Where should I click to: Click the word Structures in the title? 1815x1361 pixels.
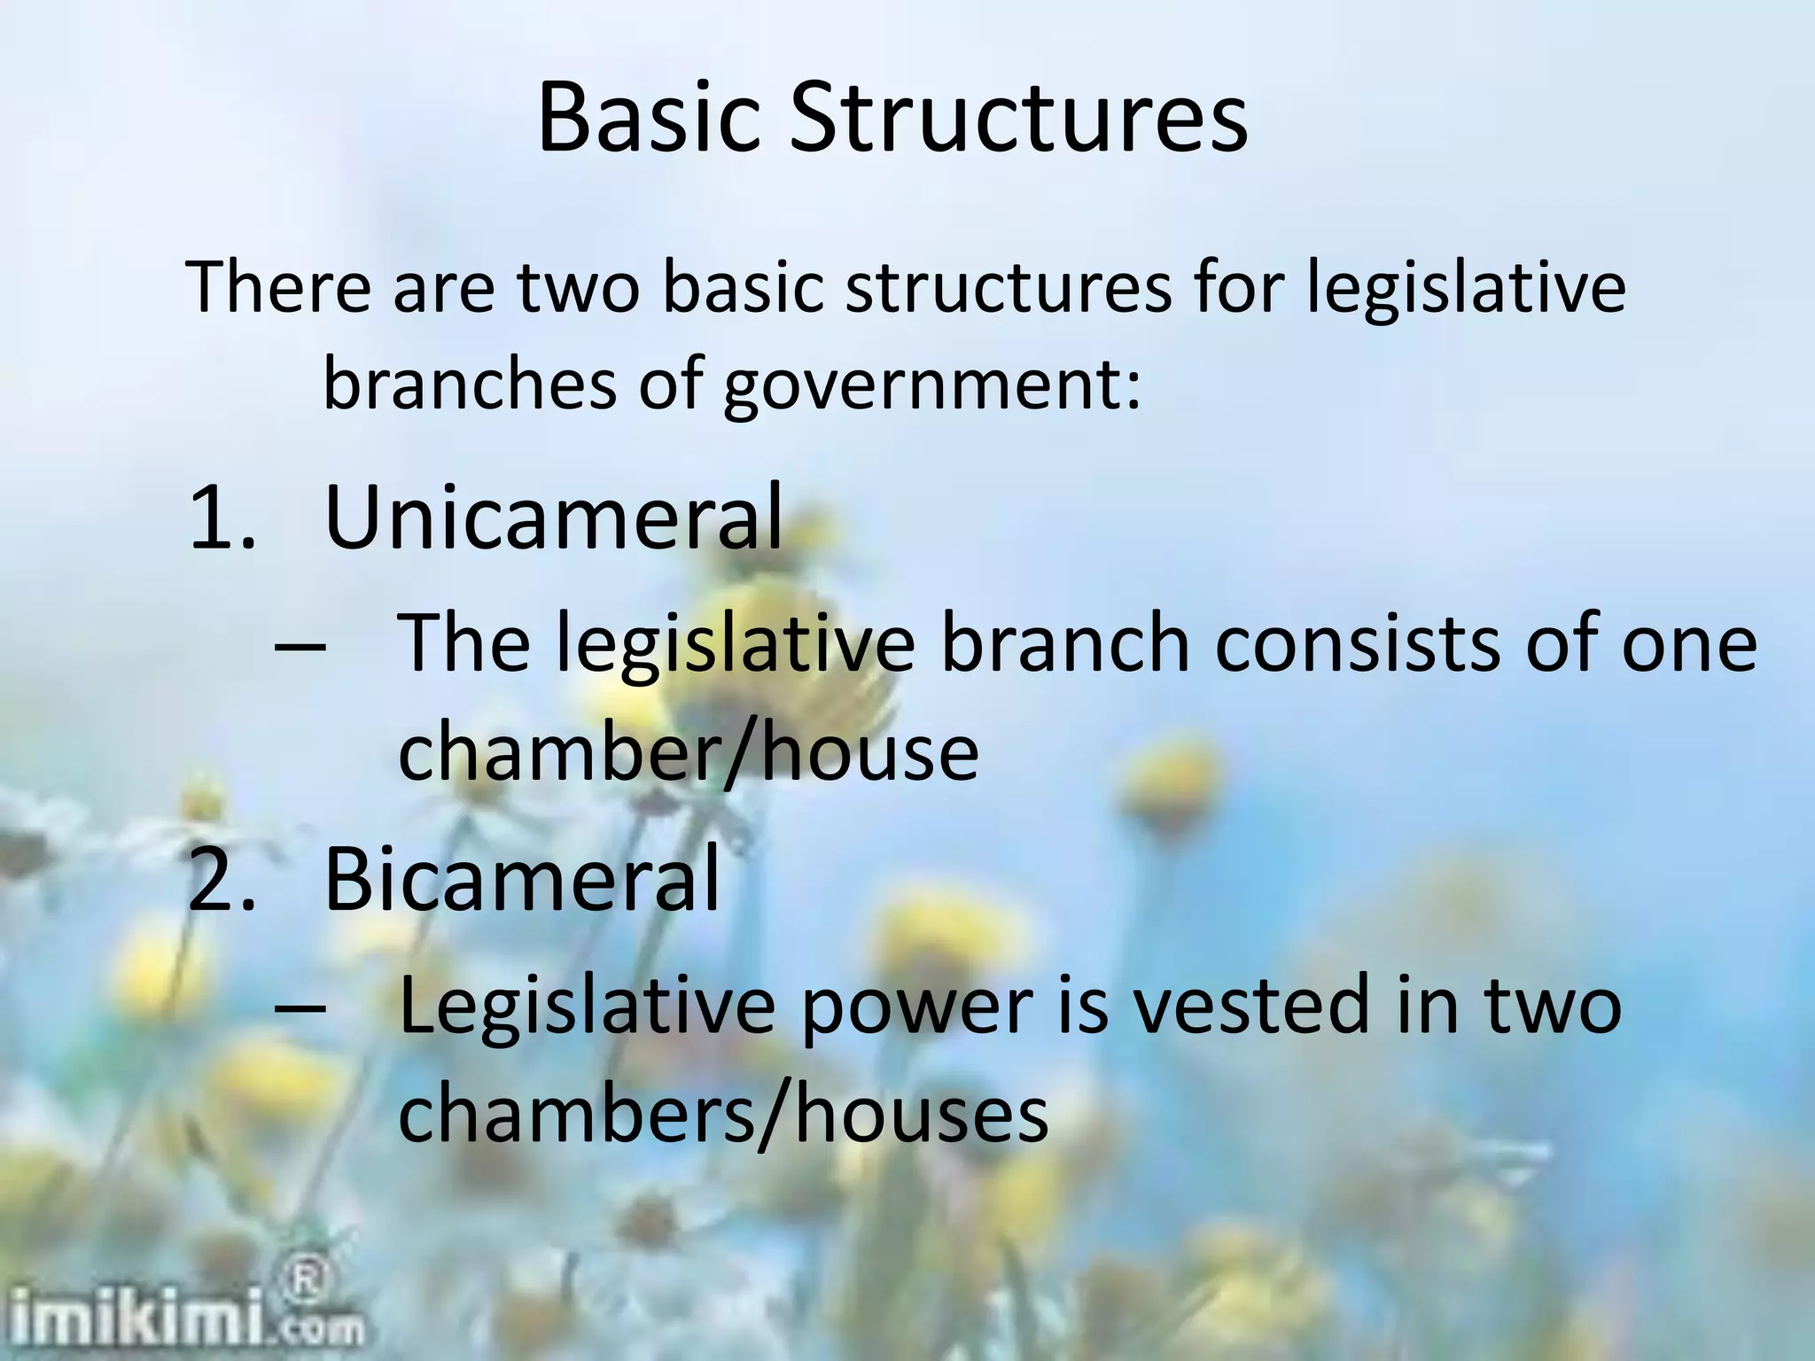click(1018, 119)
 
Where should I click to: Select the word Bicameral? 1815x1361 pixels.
click(522, 879)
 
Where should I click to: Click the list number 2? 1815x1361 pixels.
click(222, 881)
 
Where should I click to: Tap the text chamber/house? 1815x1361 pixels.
click(688, 752)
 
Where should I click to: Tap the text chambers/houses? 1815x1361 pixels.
click(723, 1115)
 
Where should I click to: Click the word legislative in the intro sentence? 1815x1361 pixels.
click(1467, 289)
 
